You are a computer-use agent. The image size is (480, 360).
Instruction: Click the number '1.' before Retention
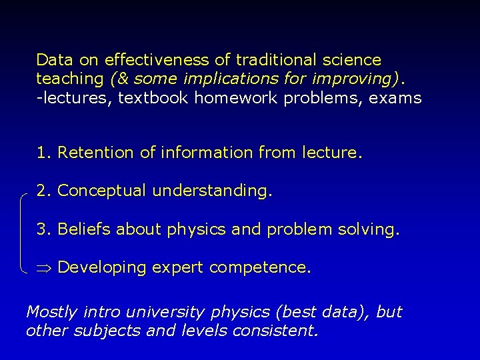click(x=44, y=153)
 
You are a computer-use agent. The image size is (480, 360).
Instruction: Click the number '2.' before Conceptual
click(x=44, y=191)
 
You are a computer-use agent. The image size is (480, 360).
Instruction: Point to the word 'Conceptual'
click(x=103, y=191)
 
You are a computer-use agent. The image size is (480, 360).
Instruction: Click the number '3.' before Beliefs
click(x=44, y=229)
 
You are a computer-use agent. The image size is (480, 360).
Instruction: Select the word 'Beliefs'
click(x=85, y=229)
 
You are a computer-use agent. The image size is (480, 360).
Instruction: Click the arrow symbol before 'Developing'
click(x=45, y=268)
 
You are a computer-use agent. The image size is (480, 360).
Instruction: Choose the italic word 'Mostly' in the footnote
click(x=51, y=311)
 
